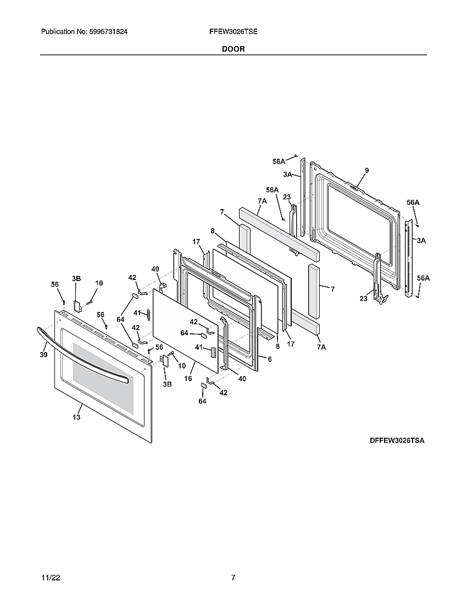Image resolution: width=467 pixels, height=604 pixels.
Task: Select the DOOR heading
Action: click(x=233, y=49)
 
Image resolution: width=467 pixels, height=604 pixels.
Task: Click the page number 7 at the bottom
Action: click(x=233, y=578)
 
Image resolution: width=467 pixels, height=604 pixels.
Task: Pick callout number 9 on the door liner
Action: click(x=366, y=171)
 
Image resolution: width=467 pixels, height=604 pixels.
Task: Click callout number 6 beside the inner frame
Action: click(x=269, y=359)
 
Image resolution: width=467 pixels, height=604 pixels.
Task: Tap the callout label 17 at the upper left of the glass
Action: click(x=196, y=241)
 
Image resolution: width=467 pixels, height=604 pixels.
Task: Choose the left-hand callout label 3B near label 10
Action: click(x=76, y=279)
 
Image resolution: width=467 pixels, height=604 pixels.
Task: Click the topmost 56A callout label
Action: click(x=279, y=161)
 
